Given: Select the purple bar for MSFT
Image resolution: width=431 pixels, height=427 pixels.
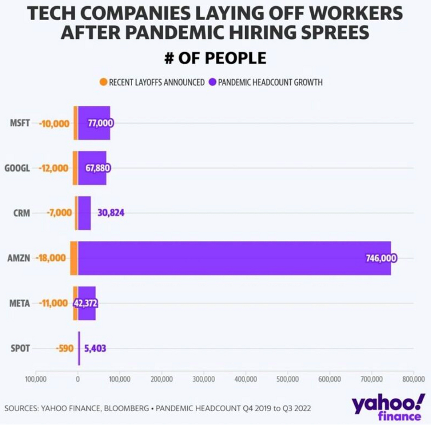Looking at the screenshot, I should [94, 123].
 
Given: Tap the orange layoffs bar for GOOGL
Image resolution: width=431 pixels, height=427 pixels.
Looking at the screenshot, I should [75, 168].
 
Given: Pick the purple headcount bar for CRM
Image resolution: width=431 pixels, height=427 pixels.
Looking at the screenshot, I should [84, 213].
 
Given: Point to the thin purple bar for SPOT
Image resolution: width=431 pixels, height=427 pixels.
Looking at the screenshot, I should [79, 348].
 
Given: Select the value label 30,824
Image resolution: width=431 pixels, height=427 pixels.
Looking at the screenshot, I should [111, 213].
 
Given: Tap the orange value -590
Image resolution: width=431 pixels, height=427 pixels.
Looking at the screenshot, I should [64, 348].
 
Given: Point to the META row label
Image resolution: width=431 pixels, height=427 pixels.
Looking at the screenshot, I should [20, 303].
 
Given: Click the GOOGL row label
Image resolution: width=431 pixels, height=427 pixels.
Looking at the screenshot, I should [18, 169].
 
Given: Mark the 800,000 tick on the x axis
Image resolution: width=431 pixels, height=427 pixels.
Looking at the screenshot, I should [413, 379].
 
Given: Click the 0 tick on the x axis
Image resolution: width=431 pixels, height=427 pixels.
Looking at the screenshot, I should [78, 379].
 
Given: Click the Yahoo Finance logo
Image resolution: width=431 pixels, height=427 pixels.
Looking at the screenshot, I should [388, 407].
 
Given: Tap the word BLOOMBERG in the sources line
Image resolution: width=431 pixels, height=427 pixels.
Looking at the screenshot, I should [131, 408].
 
